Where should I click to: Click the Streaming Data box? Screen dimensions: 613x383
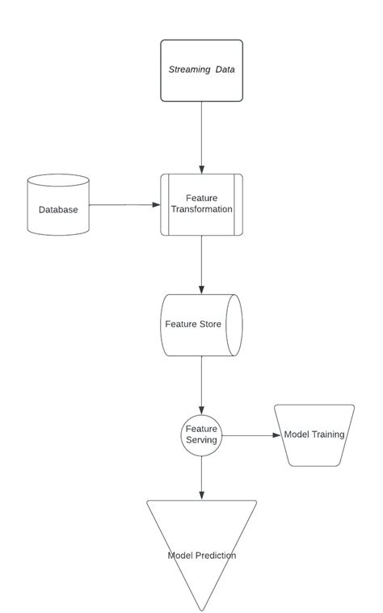[201, 70]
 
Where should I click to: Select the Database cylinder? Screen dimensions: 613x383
[58, 205]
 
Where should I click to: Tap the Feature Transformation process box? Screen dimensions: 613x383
[201, 204]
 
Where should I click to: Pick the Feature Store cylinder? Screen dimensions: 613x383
[201, 325]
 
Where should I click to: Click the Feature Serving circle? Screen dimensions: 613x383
[201, 435]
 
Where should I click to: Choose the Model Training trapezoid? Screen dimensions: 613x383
[314, 435]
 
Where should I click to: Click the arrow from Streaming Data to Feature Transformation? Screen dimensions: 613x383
[201, 137]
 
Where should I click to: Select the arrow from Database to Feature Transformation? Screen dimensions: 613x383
[124, 204]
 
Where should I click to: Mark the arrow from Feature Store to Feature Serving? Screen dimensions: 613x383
[201, 384]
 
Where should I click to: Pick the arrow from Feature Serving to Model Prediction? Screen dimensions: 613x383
[201, 477]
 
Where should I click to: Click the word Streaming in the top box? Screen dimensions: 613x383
[189, 70]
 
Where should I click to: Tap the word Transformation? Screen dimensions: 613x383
[202, 209]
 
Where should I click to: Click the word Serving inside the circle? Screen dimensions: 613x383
[201, 440]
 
